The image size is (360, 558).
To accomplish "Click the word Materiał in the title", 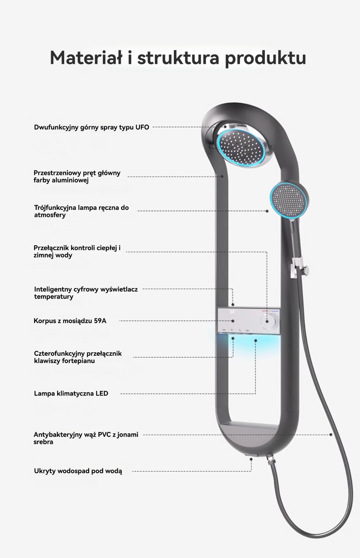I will (x=86, y=58).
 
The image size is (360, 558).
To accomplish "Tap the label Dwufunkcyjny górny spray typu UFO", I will (x=91, y=127).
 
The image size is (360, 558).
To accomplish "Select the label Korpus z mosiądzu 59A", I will (x=70, y=321).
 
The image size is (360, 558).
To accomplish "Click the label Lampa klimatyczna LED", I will (x=71, y=393).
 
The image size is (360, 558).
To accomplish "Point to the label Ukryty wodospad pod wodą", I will (x=78, y=471).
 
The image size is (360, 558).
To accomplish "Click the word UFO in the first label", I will (x=142, y=127).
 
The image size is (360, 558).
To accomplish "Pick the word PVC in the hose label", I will (x=104, y=435).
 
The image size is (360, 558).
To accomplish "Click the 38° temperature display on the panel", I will (x=232, y=312).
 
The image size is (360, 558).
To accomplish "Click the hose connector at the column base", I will (x=270, y=459).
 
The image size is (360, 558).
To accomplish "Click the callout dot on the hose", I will (x=331, y=435).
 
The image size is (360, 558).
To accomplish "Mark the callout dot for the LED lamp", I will (x=255, y=340).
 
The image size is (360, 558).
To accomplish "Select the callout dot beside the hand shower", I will (x=267, y=211).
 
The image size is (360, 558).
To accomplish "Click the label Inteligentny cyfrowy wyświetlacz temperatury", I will (x=86, y=293).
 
